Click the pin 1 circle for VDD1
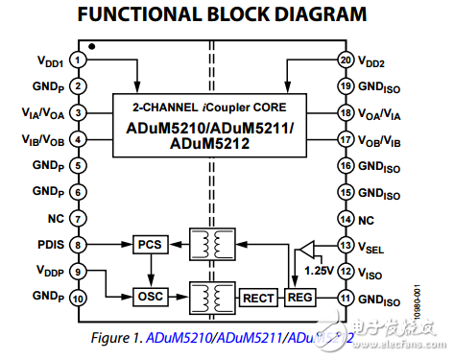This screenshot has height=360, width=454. (x=77, y=60)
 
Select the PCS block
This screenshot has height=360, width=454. (x=149, y=245)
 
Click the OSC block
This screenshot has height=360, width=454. (x=149, y=297)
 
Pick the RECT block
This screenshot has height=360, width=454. (x=257, y=298)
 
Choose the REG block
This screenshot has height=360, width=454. (x=299, y=298)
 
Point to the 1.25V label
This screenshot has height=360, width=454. (x=316, y=273)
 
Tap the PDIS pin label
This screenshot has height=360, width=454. (x=49, y=245)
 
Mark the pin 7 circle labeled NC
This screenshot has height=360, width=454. (x=77, y=218)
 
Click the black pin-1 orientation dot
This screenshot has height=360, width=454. (x=90, y=46)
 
